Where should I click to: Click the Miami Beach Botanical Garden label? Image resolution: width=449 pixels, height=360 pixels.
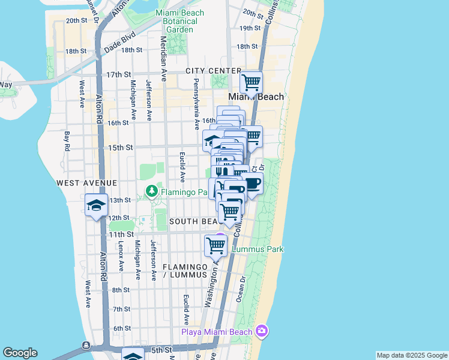tap(179, 21)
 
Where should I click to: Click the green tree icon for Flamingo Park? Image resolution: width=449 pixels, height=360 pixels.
tap(152, 192)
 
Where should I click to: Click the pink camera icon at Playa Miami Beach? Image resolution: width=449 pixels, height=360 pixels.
tap(261, 331)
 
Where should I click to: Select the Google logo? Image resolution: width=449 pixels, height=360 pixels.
tap(20, 353)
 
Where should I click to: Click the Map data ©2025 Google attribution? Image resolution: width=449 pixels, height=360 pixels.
tap(412, 355)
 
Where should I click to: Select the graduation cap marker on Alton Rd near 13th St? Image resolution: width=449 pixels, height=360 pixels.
tap(96, 205)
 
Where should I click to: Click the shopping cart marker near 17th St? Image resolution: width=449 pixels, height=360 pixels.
tap(251, 82)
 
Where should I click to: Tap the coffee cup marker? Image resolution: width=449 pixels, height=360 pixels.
tap(252, 183)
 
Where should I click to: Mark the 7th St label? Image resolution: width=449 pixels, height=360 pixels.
tap(121, 309)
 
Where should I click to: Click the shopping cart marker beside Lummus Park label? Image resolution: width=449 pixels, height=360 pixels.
tap(215, 245)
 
